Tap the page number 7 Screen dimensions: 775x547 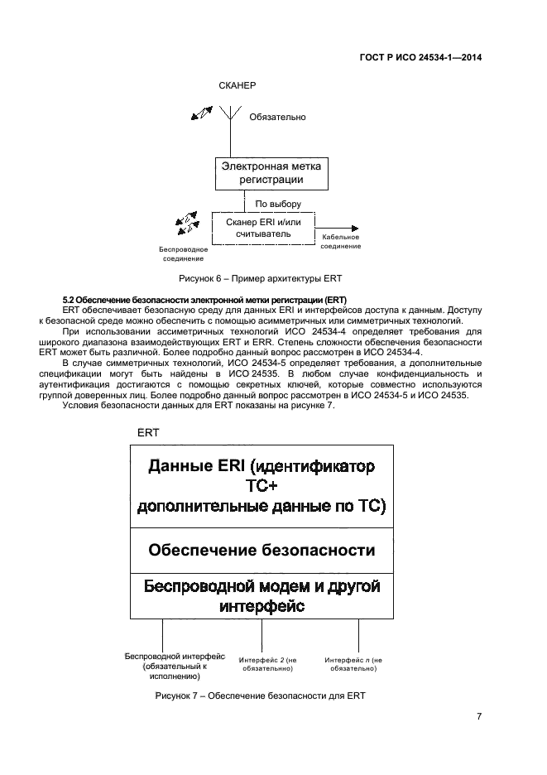(479, 716)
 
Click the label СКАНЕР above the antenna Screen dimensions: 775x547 (238, 86)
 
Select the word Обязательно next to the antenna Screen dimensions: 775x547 (277, 117)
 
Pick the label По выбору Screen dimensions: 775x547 (277, 203)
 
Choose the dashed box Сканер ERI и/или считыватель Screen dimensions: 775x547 (262, 228)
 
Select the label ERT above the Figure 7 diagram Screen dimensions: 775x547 (148, 432)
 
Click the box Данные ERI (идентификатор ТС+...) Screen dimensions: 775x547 (262, 486)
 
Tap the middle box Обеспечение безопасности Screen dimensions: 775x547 (262, 550)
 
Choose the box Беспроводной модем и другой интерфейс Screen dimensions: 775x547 (262, 596)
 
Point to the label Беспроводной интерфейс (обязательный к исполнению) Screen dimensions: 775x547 (175, 665)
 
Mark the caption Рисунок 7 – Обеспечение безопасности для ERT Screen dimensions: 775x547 (260, 696)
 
